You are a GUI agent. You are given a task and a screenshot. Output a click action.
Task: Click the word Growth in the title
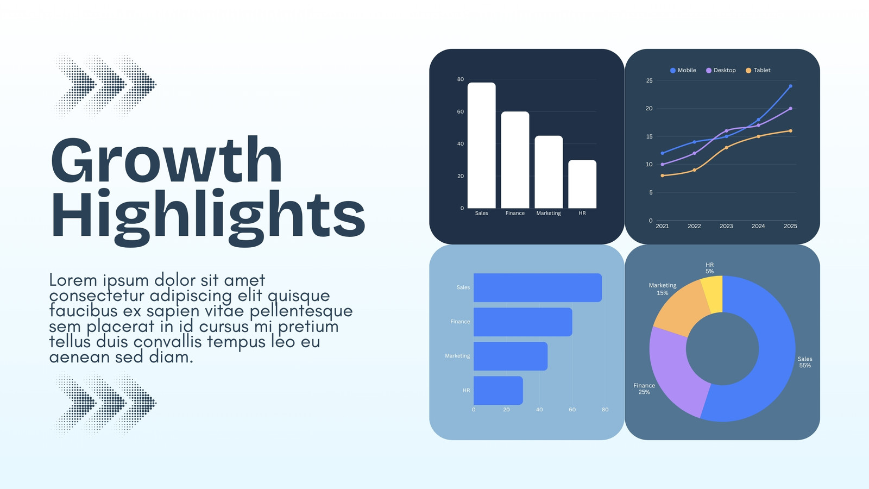pos(166,160)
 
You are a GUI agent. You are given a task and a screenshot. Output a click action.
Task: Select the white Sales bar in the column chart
pos(481,145)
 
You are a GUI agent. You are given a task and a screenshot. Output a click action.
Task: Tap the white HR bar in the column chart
pos(582,184)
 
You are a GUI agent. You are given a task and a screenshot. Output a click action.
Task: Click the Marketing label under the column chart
pos(549,213)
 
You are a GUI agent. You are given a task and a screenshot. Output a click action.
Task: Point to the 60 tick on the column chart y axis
pos(461,111)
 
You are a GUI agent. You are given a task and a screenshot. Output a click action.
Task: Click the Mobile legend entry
pos(683,70)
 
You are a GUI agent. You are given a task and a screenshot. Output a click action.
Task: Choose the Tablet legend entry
pos(758,70)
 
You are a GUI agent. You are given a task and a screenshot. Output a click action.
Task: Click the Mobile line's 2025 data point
pos(791,86)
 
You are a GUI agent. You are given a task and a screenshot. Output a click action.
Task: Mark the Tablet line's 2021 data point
pos(662,176)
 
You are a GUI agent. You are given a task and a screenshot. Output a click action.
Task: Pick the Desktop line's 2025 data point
pos(791,109)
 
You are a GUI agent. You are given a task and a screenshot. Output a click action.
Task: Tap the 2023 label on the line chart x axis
pos(726,226)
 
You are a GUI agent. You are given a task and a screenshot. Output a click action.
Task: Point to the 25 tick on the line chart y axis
pos(650,81)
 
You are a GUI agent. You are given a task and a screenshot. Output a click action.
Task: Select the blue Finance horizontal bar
pos(523,322)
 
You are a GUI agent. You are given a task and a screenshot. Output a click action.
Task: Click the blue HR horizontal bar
pos(498,391)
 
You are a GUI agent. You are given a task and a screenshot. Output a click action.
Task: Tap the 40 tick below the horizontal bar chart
pos(539,410)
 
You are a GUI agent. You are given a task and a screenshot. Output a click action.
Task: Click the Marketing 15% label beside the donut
pos(663,289)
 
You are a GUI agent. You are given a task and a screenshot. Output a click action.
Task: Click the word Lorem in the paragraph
pos(73,280)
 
